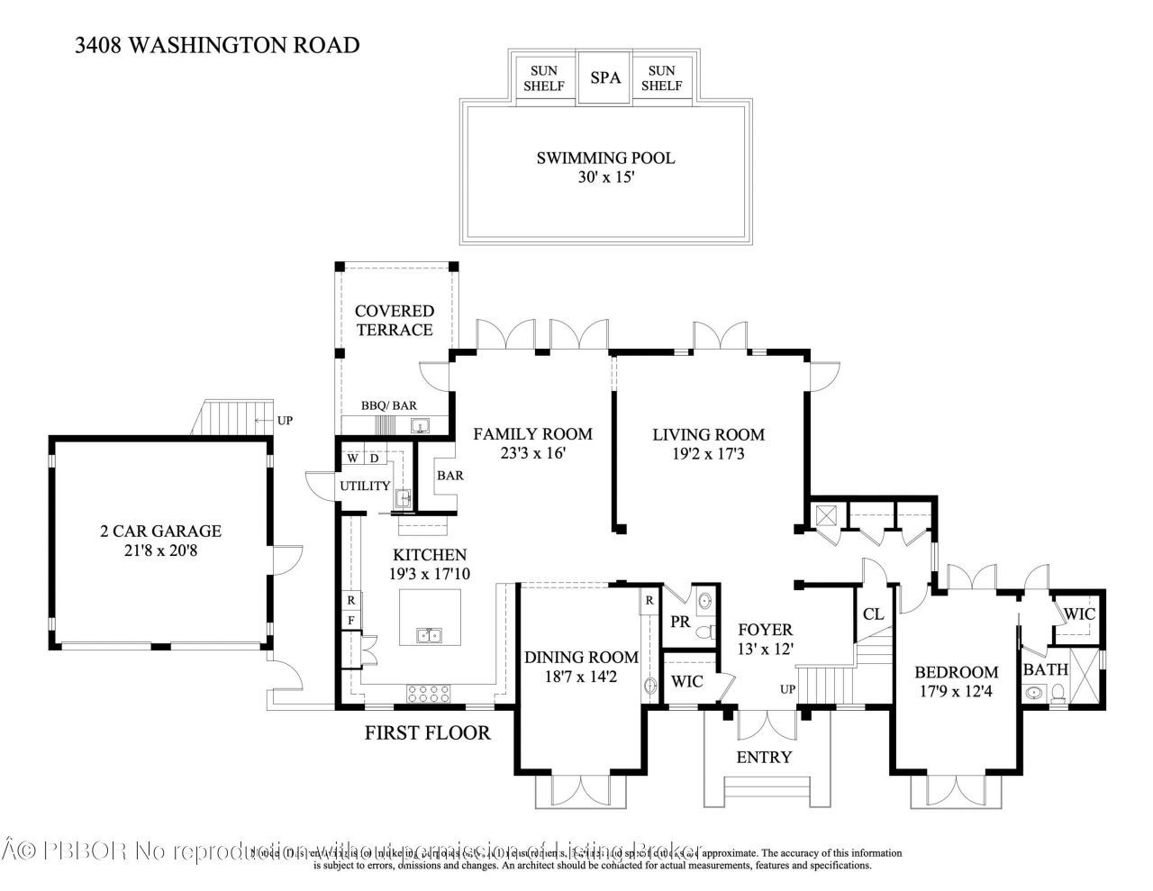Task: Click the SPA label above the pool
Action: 605,77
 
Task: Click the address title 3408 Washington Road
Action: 218,45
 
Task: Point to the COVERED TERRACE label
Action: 395,321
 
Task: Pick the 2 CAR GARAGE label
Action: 160,531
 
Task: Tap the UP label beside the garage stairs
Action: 285,421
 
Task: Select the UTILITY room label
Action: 365,486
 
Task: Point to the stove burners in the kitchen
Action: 430,694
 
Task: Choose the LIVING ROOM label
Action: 708,434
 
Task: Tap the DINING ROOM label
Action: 581,658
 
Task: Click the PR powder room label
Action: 680,621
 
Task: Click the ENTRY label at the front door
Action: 764,757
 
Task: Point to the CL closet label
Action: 873,614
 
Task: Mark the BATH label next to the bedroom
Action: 1045,669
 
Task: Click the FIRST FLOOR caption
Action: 427,732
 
